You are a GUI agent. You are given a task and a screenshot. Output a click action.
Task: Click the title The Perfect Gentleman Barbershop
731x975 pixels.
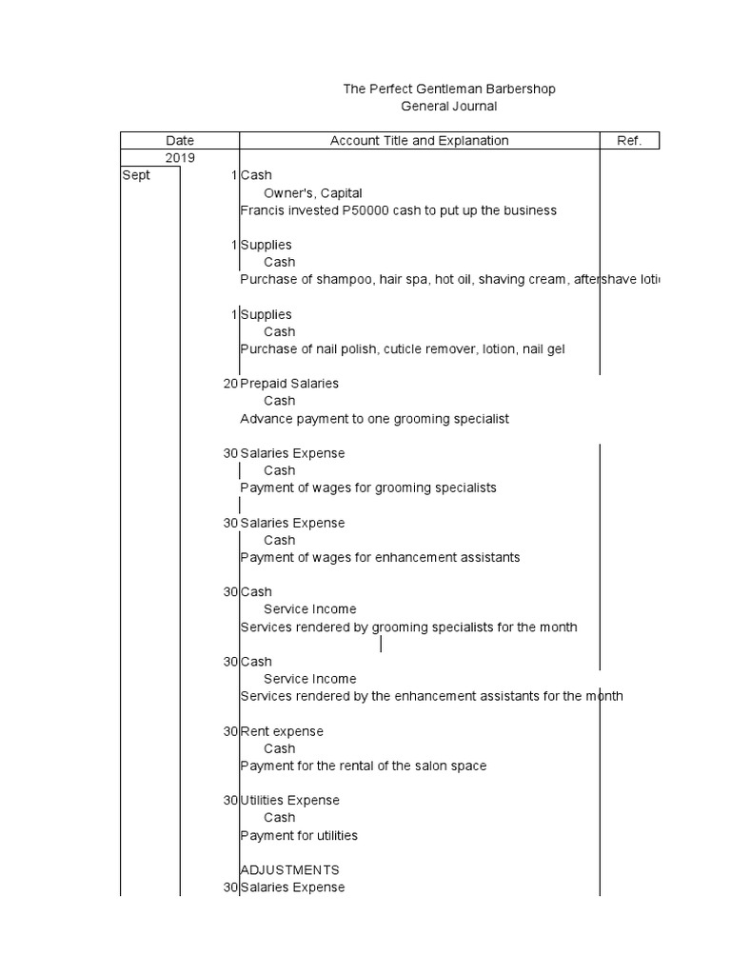click(449, 89)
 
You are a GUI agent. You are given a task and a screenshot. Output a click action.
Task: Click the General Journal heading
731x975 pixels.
click(449, 107)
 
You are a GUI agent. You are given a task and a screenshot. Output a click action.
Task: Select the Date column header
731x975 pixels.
click(180, 141)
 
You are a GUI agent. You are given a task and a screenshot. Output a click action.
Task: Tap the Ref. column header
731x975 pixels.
click(629, 141)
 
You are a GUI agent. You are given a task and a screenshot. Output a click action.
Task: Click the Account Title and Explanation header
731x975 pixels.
click(419, 141)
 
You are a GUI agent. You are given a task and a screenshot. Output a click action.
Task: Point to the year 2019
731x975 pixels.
click(180, 158)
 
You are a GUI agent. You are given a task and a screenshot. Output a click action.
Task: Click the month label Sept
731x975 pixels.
click(136, 175)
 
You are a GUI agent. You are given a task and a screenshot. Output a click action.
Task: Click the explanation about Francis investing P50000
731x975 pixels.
click(398, 210)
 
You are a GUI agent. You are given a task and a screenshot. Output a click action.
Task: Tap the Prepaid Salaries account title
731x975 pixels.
click(289, 384)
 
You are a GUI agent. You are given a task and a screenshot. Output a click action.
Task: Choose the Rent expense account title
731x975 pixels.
click(282, 731)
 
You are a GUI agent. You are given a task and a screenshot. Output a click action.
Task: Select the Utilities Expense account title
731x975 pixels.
click(289, 801)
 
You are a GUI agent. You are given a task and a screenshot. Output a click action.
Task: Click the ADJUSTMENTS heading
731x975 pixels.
click(289, 870)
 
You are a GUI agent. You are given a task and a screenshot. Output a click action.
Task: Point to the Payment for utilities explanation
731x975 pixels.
click(299, 836)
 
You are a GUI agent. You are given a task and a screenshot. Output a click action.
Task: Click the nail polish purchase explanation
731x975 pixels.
click(402, 349)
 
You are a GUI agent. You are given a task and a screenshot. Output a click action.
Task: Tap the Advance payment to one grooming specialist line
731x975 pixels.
click(374, 419)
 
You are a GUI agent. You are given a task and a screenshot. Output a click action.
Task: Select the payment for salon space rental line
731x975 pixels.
click(363, 766)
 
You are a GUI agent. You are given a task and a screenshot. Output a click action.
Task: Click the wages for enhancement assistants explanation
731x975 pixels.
click(380, 557)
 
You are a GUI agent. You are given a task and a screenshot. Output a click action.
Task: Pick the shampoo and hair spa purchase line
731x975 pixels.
click(447, 280)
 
